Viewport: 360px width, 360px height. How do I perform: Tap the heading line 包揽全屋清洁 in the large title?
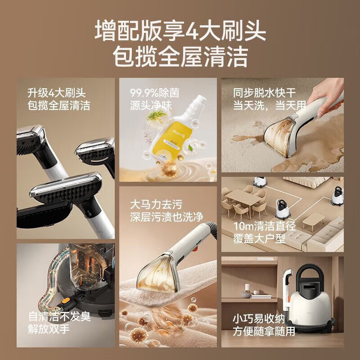[180, 57]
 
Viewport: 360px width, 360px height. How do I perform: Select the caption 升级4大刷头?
[56, 94]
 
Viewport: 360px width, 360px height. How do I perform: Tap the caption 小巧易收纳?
[259, 319]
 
